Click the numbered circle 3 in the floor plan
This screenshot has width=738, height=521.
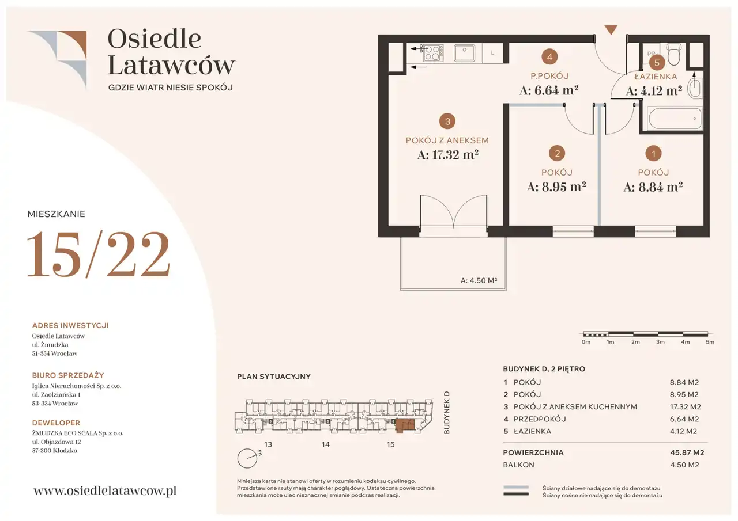(447, 121)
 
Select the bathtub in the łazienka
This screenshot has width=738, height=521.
(675, 119)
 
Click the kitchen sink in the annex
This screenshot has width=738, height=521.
(464, 53)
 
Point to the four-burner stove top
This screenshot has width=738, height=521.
(433, 53)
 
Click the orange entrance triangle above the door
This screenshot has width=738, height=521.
(611, 30)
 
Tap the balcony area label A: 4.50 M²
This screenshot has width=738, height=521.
(479, 280)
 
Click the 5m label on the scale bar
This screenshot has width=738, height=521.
(710, 342)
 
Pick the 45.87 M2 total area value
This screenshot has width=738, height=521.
(687, 452)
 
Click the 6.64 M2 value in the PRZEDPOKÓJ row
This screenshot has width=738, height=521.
(684, 419)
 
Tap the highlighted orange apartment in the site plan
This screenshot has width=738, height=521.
(405, 425)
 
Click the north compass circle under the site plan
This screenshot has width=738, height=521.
(247, 458)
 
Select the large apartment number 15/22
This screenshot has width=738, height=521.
(98, 254)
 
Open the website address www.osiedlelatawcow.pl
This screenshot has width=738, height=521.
(105, 490)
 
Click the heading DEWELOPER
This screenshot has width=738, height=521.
(56, 423)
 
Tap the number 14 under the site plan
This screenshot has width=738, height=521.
(326, 444)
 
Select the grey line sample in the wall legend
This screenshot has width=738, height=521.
(516, 487)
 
